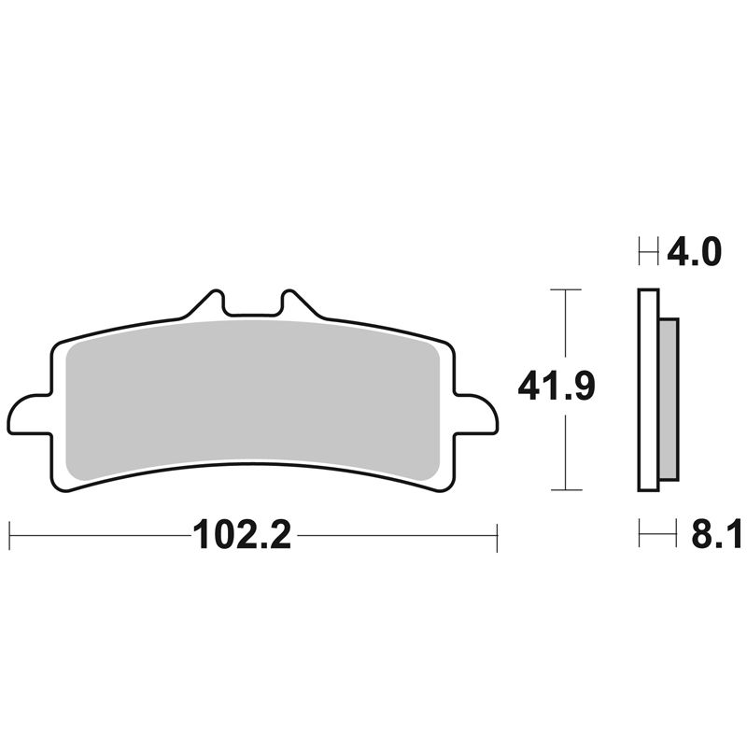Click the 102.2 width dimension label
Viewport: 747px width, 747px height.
242,537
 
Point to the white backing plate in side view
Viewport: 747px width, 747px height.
648,392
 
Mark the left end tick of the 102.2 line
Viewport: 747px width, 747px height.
9,537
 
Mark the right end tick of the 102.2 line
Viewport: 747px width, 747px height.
497,537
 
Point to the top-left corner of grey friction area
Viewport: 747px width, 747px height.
78,348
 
